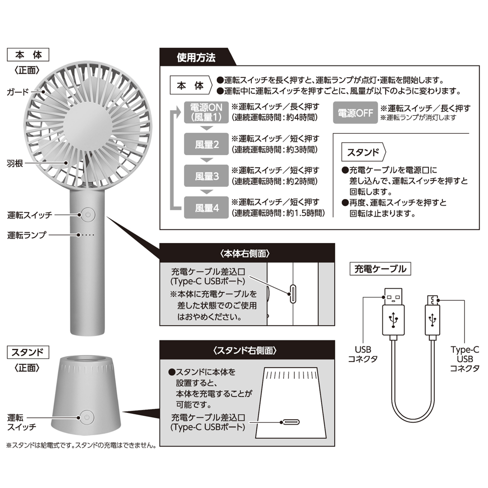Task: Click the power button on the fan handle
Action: click(88, 215)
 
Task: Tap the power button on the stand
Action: click(87, 418)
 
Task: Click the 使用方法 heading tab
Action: click(196, 57)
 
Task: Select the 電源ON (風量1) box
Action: click(206, 112)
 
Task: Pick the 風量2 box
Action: click(206, 144)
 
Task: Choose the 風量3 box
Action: click(206, 176)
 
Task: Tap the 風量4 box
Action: click(206, 207)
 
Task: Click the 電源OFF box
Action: click(355, 113)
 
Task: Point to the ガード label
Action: click(18, 92)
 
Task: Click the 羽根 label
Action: click(15, 163)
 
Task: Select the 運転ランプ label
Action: click(27, 235)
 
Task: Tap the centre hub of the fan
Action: click(87, 124)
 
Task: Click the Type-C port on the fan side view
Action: click(292, 293)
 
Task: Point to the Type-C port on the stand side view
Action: click(290, 422)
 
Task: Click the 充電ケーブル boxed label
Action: click(380, 269)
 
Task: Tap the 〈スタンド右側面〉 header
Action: click(245, 350)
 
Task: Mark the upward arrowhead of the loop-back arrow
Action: click(178, 112)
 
